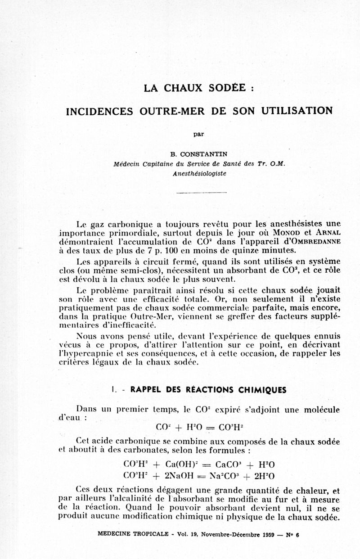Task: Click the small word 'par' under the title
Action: coord(198,133)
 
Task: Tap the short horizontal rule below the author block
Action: coord(201,193)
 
